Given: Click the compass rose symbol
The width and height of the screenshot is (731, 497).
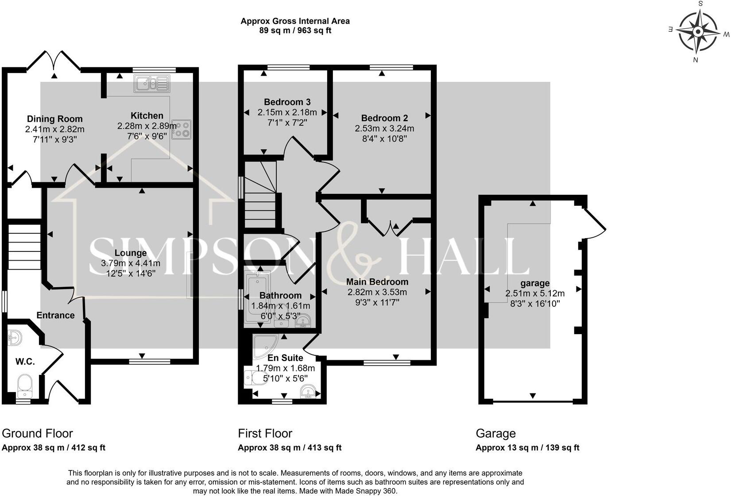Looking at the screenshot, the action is point(698,31).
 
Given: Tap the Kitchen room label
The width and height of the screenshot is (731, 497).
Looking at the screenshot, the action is point(147,116).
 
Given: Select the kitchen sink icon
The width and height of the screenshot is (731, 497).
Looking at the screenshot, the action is point(152,84).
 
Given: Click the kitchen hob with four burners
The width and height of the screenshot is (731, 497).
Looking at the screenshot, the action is point(182,130).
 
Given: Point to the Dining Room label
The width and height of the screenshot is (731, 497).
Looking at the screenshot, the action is point(54,119).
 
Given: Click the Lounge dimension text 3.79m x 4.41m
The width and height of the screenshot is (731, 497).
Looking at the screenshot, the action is point(131,263).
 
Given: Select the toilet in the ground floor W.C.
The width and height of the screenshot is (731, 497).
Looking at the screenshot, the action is point(24,386).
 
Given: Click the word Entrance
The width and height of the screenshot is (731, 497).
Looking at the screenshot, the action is point(55,316).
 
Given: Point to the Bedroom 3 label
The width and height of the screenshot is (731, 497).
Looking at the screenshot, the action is point(287,102).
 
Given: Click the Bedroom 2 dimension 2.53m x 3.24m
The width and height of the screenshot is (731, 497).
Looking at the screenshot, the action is point(384,128).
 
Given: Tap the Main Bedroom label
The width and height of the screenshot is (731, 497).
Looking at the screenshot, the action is point(377,282).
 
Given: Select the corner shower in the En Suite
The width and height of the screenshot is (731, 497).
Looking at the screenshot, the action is point(265,347).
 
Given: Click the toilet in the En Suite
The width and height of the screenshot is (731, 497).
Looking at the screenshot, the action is point(257,378).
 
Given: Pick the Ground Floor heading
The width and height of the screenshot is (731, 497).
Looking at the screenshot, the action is point(37,433).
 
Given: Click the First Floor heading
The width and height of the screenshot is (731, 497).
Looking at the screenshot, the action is point(265,433).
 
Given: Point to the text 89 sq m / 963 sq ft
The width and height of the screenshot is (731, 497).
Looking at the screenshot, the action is point(295,31).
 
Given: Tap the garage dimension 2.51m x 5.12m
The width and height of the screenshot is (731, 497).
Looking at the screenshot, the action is point(535,293).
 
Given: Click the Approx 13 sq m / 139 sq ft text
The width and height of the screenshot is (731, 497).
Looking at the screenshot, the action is point(527,448).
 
